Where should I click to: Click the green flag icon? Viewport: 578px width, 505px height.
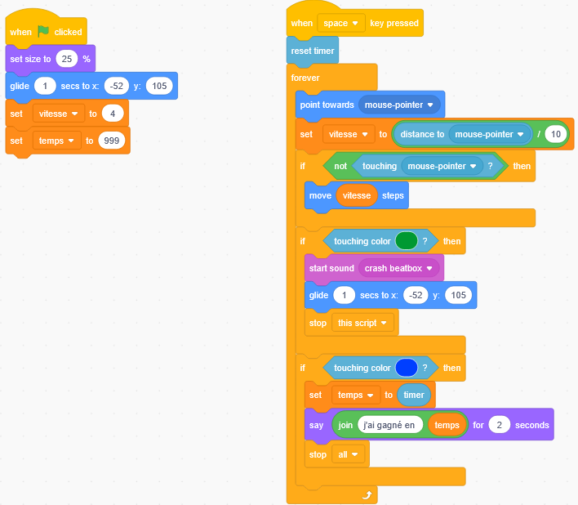point(44,32)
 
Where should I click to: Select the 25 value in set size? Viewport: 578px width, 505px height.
point(67,59)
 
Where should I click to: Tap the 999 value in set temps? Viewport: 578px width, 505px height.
point(111,141)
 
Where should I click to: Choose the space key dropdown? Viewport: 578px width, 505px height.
point(341,23)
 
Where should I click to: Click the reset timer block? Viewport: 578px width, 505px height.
point(313,51)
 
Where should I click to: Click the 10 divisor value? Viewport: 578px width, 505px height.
point(556,134)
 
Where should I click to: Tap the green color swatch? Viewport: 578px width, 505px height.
point(406,241)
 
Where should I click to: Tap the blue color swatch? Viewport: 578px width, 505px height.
point(406,368)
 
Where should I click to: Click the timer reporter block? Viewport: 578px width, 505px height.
point(414,395)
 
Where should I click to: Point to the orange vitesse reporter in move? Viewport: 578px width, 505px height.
point(356,196)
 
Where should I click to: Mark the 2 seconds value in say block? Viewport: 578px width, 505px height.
point(499,425)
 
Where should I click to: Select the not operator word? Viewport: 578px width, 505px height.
point(340,166)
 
